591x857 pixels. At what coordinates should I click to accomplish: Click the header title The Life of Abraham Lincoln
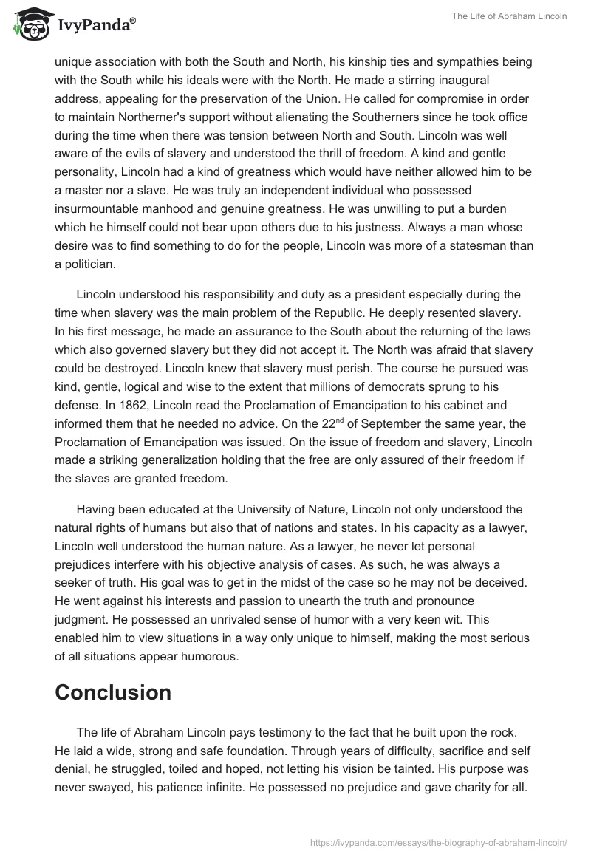pyautogui.click(x=510, y=16)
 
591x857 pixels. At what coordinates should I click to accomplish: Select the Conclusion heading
pyautogui.click(x=113, y=692)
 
